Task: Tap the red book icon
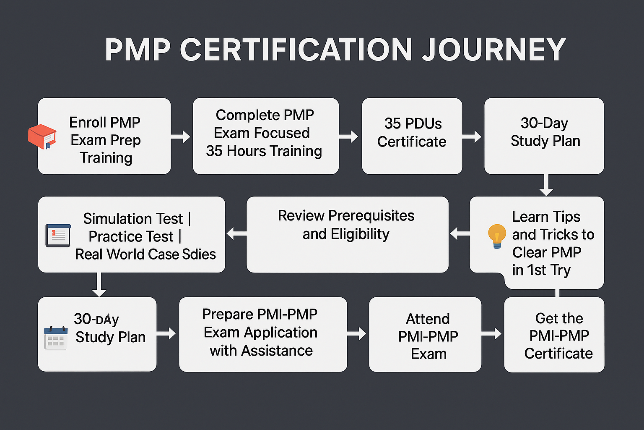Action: (x=42, y=136)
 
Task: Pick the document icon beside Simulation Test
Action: (x=58, y=236)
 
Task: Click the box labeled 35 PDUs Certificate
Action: (x=412, y=136)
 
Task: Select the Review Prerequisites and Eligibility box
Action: (x=347, y=234)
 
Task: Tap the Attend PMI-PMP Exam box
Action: (x=425, y=335)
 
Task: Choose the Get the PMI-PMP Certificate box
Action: (x=554, y=335)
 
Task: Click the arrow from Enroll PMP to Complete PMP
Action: (x=181, y=136)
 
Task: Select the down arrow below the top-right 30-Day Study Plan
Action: (x=546, y=185)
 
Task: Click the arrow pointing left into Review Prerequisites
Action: (x=459, y=233)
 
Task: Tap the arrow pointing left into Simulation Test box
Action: (x=236, y=233)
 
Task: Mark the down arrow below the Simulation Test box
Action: (x=99, y=285)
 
